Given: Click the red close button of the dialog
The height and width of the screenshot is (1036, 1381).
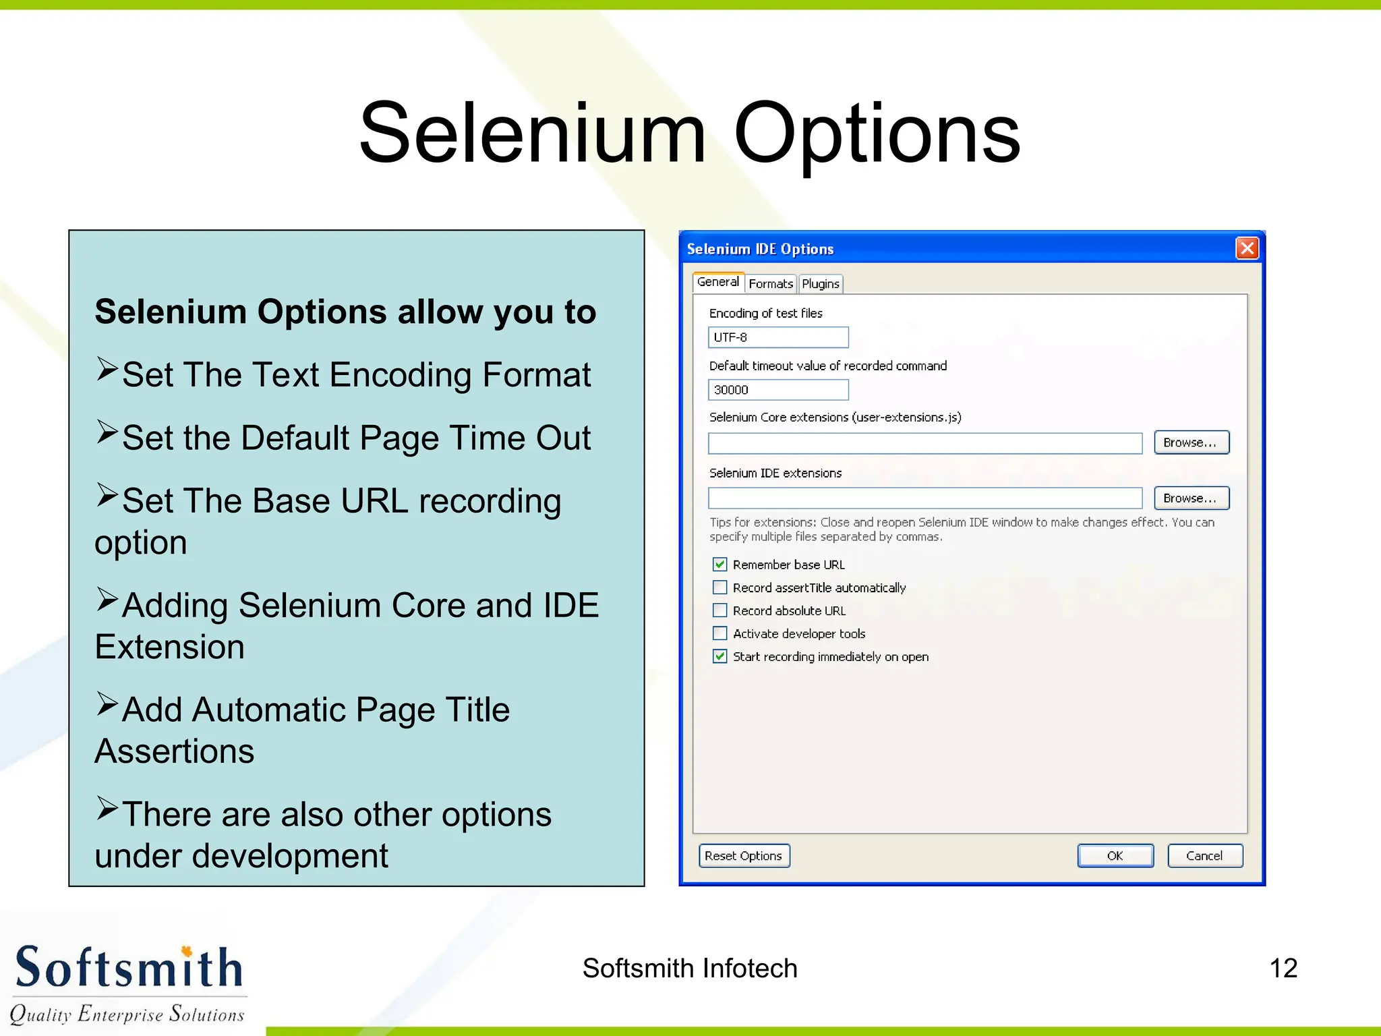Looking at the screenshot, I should tap(1247, 248).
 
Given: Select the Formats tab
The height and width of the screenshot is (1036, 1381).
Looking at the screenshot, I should tap(770, 284).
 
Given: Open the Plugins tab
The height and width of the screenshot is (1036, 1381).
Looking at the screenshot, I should tap(820, 284).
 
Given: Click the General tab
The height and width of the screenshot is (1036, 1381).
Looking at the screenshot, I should tap(717, 282).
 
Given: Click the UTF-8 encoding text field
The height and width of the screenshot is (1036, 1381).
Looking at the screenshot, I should tap(777, 337).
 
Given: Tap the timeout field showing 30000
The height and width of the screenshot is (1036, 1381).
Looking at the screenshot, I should tap(777, 390).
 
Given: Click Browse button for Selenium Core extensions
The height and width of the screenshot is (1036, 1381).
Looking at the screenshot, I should tap(1191, 442).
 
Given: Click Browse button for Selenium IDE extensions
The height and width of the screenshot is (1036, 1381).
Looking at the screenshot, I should tap(1191, 498).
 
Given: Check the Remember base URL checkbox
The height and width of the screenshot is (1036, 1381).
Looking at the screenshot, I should tap(720, 565).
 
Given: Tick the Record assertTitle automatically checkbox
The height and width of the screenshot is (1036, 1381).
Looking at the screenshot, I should tap(720, 587).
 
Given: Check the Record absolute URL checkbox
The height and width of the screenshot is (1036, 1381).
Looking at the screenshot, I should tap(720, 610).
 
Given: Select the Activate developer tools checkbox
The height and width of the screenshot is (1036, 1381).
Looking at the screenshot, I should tap(720, 633).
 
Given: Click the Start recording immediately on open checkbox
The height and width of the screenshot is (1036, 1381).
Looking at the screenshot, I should tap(720, 656).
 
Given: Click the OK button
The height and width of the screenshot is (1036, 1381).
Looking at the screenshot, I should tap(1115, 856).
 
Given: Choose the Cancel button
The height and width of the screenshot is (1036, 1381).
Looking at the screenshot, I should tap(1204, 856).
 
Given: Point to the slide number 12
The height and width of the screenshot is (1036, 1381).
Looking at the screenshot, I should tap(1283, 969).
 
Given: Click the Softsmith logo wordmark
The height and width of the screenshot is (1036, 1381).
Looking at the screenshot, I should tap(128, 968).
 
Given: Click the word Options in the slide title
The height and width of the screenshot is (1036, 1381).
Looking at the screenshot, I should tap(877, 134).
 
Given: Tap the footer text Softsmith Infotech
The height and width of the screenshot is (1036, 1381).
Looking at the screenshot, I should tap(690, 969).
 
